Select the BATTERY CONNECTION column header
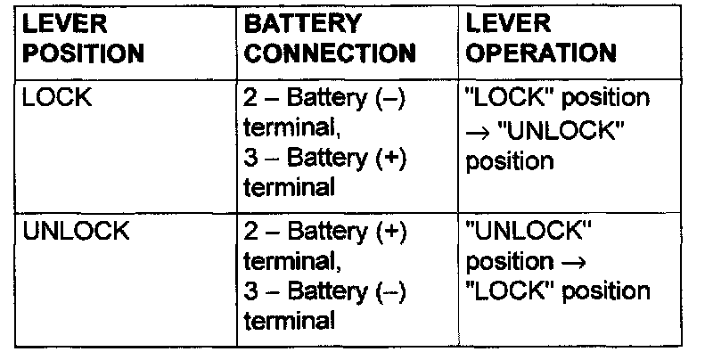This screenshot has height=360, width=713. click(x=330, y=39)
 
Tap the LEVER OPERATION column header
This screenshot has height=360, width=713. click(x=542, y=39)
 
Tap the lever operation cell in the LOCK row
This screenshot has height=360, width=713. click(x=557, y=130)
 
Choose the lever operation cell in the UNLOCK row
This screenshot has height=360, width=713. click(x=557, y=262)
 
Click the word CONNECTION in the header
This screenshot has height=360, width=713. click(x=330, y=53)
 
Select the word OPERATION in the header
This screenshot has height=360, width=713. click(x=542, y=53)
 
